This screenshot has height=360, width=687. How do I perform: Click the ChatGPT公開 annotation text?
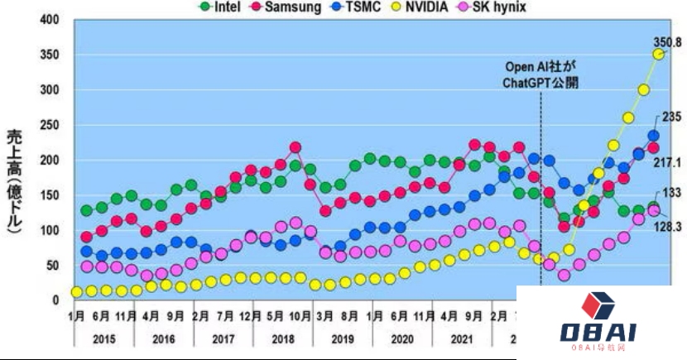[541, 83]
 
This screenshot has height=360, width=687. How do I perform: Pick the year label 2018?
[282, 338]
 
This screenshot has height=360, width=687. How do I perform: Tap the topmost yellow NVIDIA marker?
[659, 55]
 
